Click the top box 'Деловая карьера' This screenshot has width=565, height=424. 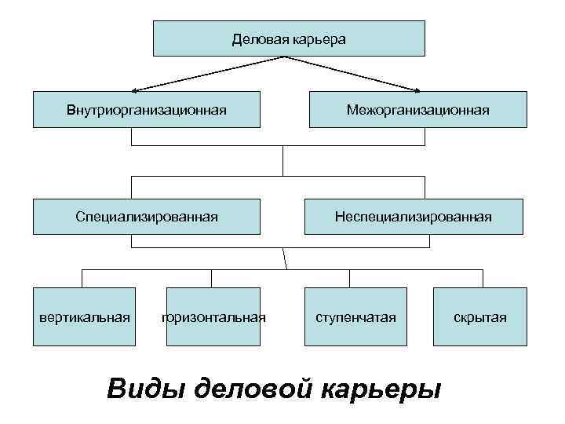pyautogui.click(x=288, y=38)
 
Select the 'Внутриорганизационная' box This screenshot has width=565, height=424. pyautogui.click(x=146, y=109)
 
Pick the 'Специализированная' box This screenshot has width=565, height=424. pyautogui.click(x=146, y=216)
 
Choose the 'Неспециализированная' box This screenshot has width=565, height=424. pyautogui.click(x=413, y=216)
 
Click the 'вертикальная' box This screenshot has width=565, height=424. pyautogui.click(x=85, y=317)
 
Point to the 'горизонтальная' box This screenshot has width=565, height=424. pyautogui.click(x=213, y=317)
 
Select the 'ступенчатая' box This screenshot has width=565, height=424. pyautogui.click(x=355, y=317)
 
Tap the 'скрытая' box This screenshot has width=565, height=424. pyautogui.click(x=479, y=317)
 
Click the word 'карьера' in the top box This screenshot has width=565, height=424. pyautogui.click(x=319, y=38)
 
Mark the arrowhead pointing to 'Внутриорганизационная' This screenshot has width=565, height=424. pyautogui.click(x=136, y=90)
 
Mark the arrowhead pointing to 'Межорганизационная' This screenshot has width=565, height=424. pyautogui.click(x=418, y=90)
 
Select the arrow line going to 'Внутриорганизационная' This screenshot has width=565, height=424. pyautogui.click(x=204, y=75)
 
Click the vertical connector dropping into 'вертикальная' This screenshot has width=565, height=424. pyautogui.click(x=83, y=278)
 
